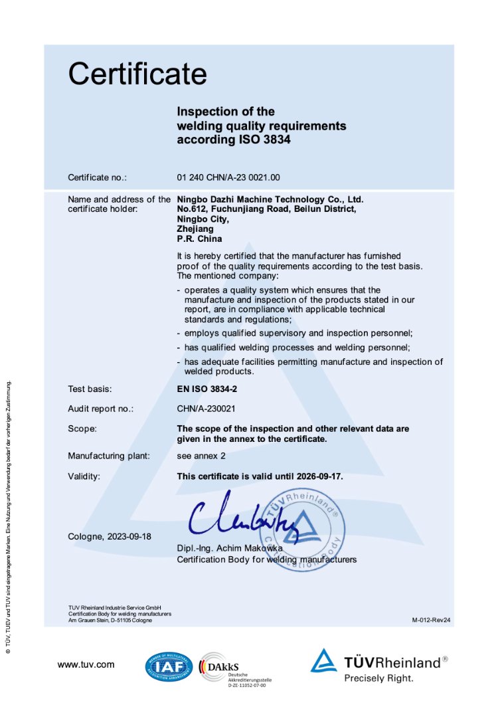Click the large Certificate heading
tap(137, 73)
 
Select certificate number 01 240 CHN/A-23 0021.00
tap(229, 177)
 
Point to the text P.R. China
tap(199, 239)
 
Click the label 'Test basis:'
tap(90, 389)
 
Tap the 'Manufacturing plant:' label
tap(109, 456)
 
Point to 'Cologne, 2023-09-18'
tap(110, 536)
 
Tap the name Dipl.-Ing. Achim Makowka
tap(230, 548)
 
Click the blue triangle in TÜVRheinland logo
tap(323, 660)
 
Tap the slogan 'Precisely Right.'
tap(378, 678)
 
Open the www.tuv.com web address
tap(86, 664)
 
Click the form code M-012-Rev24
tap(431, 620)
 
